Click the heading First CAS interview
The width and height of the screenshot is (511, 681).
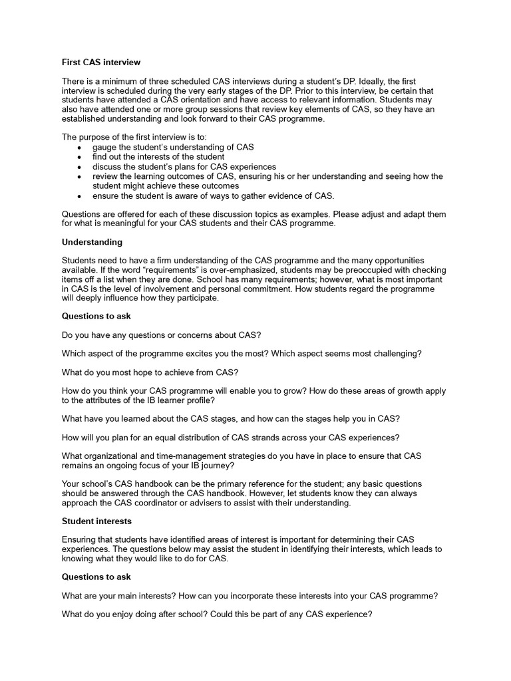[101, 63]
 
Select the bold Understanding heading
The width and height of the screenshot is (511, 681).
[92, 242]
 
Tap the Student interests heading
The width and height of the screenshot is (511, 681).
[96, 521]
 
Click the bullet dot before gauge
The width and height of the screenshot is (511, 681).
[81, 147]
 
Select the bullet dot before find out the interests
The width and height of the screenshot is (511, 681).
[81, 157]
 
